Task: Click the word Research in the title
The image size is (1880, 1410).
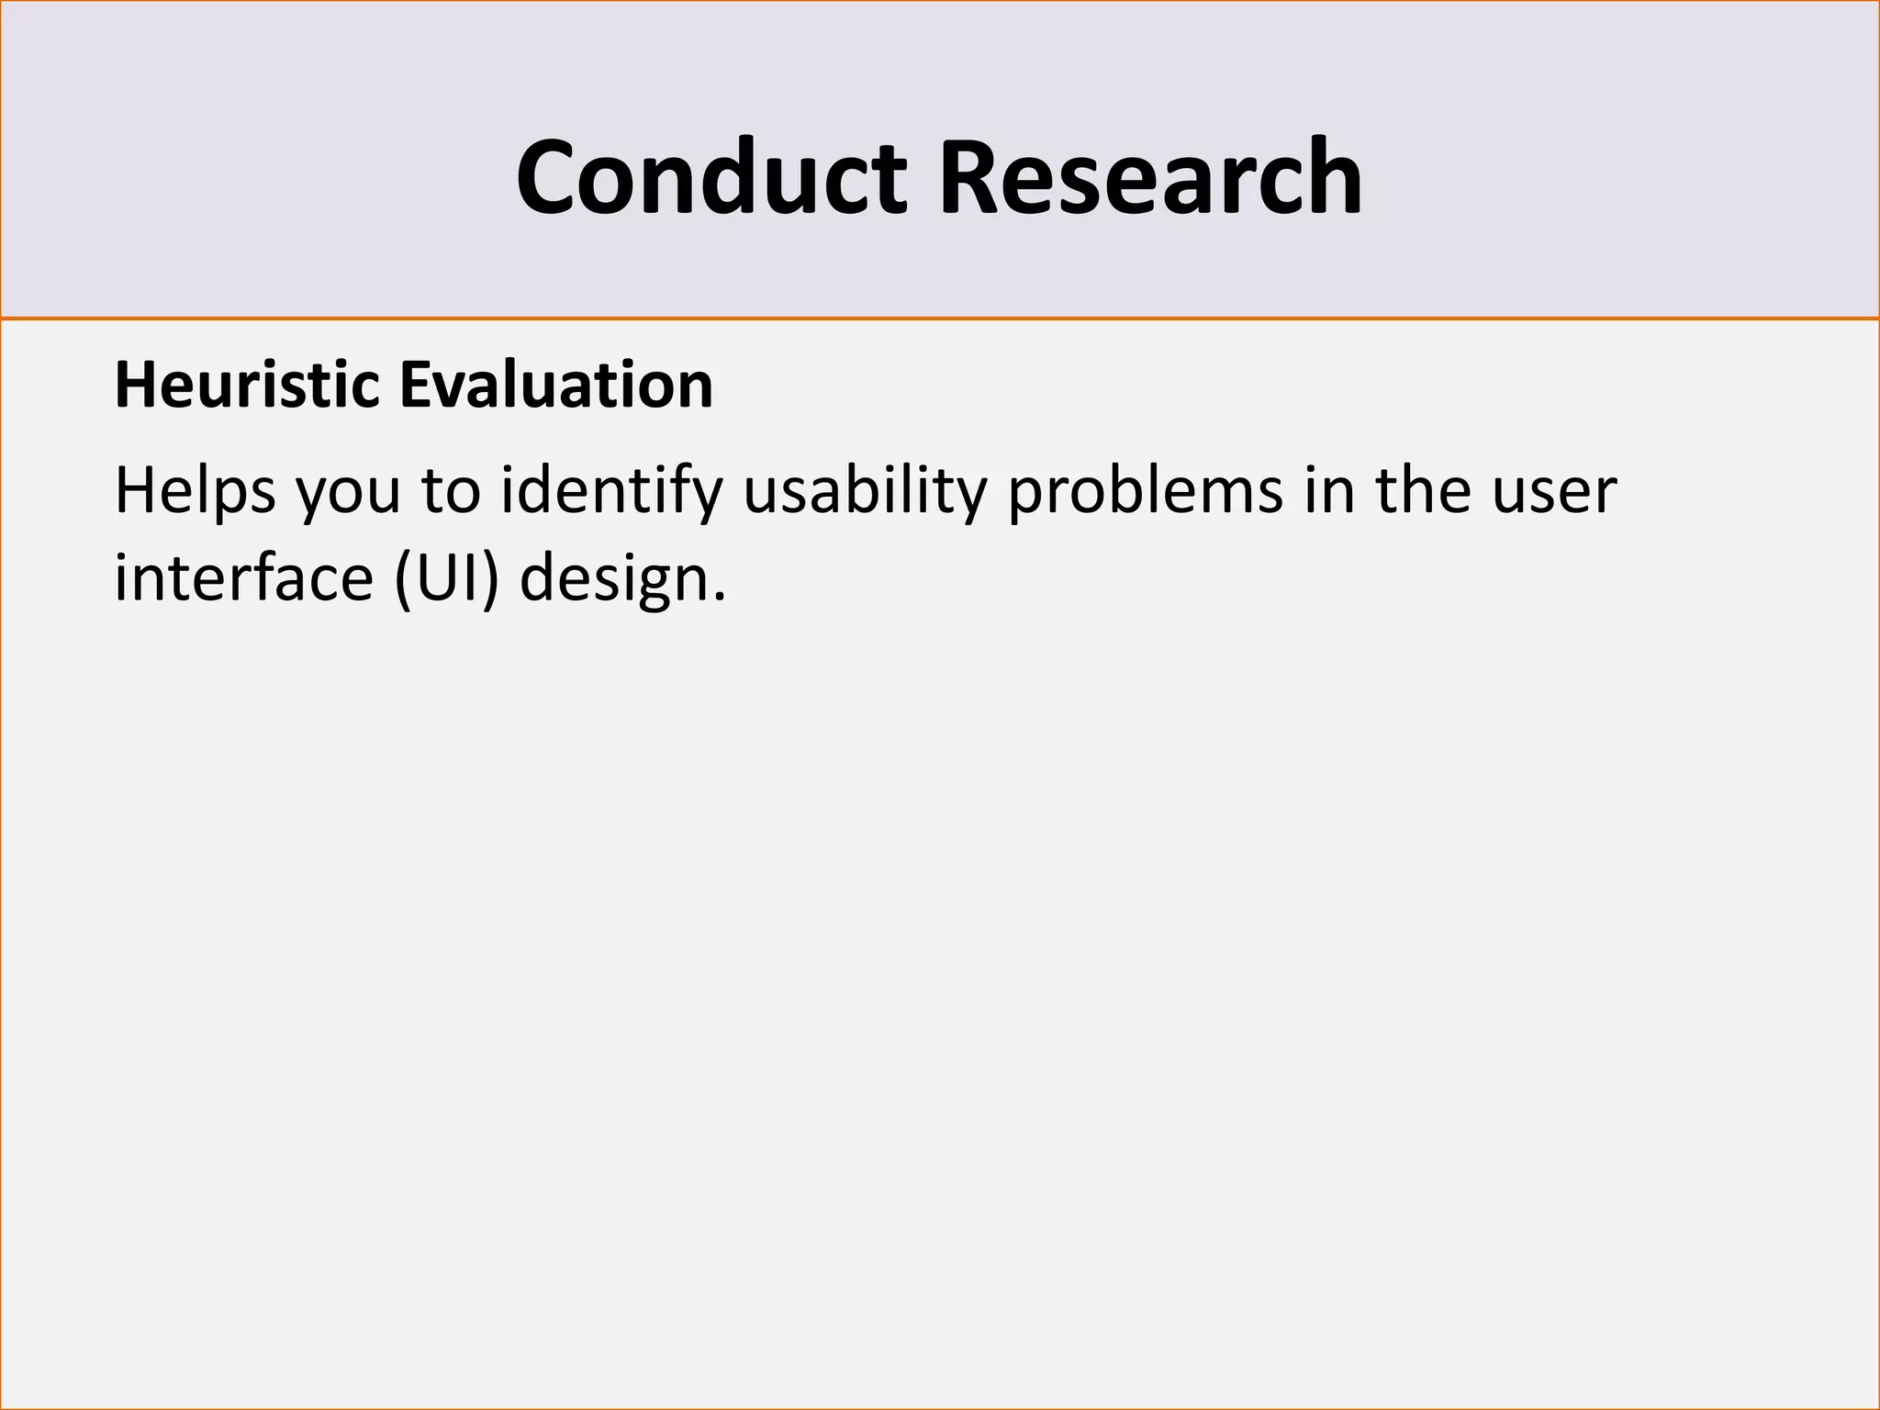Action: coord(1149,177)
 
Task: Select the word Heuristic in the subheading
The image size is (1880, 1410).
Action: coord(247,386)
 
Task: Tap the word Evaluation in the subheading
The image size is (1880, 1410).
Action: coord(556,386)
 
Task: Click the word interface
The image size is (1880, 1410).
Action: coord(243,579)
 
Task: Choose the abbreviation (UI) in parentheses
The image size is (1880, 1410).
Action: coord(447,579)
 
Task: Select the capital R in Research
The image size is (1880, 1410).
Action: coord(971,177)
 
